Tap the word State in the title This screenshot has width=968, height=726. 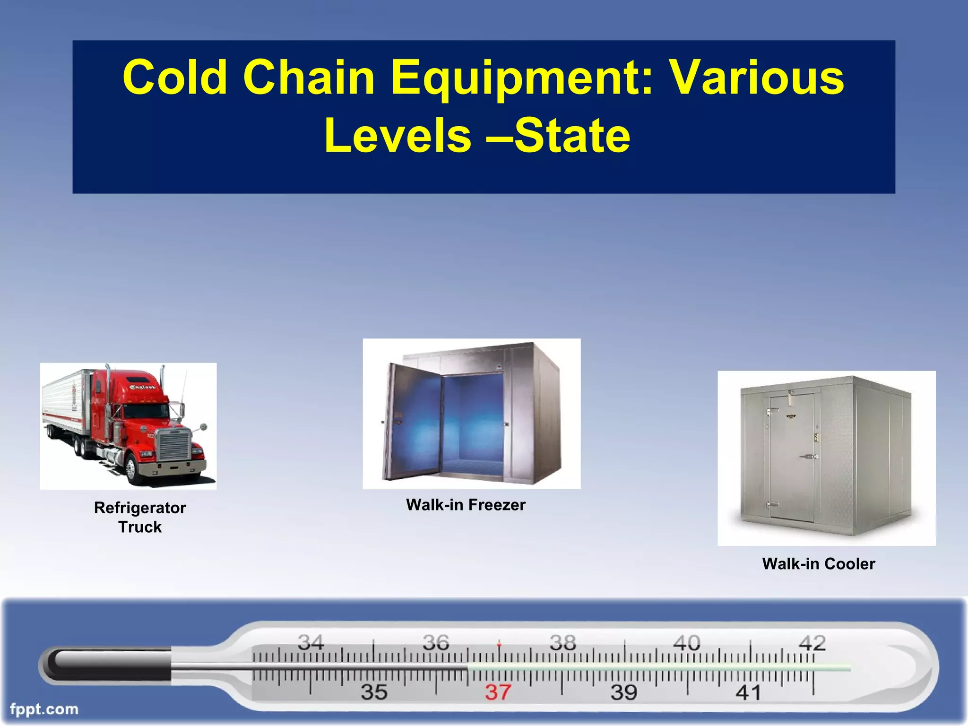(x=572, y=136)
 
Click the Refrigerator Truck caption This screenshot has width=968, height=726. (x=140, y=517)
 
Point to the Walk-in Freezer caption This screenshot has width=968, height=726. (x=466, y=505)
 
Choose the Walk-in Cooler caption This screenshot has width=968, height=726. (x=818, y=563)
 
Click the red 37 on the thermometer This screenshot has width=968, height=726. (x=498, y=692)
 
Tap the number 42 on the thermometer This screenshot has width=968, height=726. (x=812, y=643)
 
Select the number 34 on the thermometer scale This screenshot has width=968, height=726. (x=311, y=642)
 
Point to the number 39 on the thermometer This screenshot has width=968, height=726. (x=623, y=692)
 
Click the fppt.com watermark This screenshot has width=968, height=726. (x=44, y=709)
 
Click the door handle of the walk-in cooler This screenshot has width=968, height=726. (x=809, y=457)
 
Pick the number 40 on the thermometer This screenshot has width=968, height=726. (x=686, y=643)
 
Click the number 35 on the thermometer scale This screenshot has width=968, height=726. (x=374, y=692)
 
